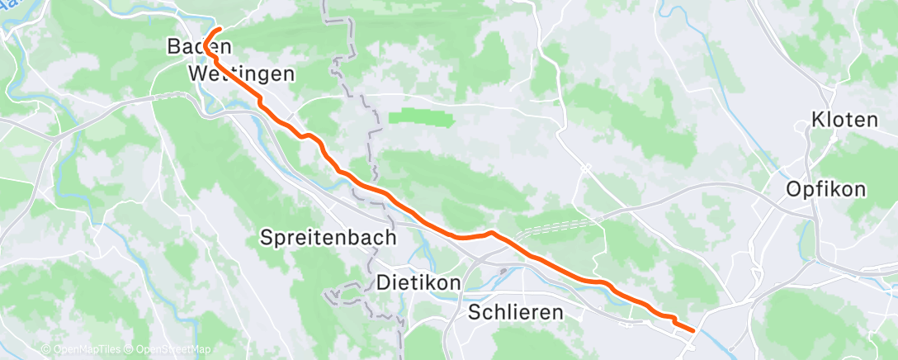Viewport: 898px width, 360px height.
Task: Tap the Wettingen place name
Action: [x=241, y=74]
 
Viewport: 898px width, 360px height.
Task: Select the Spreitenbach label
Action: [x=328, y=238]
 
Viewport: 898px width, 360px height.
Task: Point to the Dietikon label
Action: [x=418, y=282]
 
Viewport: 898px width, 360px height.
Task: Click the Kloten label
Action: [x=844, y=119]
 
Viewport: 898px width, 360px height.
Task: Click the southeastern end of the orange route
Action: [x=692, y=330]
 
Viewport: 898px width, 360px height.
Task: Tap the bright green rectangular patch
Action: [x=421, y=118]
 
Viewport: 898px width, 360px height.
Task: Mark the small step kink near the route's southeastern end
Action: [x=673, y=320]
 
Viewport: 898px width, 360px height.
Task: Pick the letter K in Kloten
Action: [x=818, y=119]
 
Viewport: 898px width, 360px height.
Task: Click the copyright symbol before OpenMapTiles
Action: [x=45, y=349]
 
